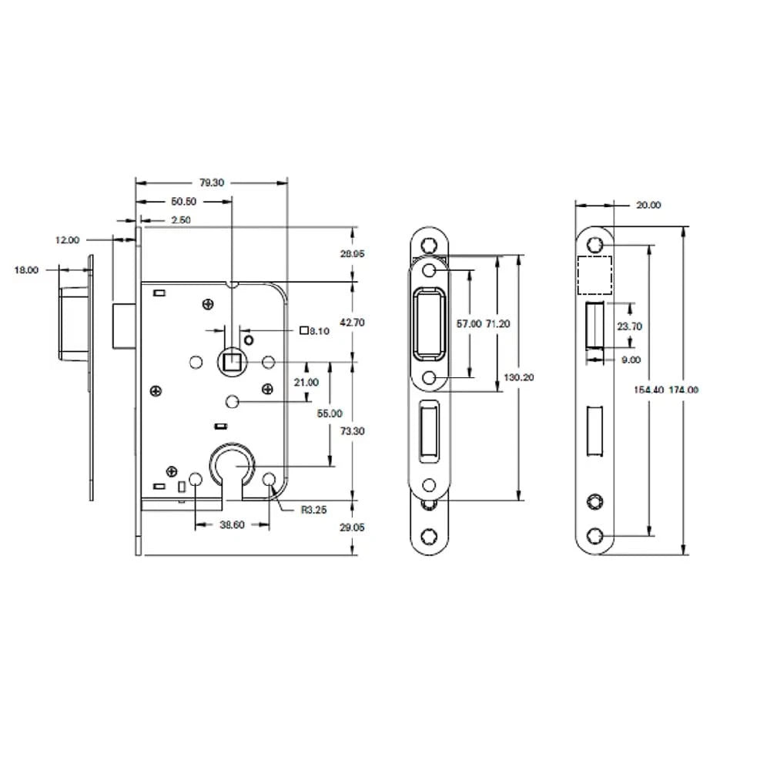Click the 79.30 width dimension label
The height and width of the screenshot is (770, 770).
click(x=212, y=183)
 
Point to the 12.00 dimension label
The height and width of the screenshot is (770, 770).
click(x=67, y=240)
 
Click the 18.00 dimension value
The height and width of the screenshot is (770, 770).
click(x=26, y=270)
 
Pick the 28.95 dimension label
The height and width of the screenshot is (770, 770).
click(x=352, y=254)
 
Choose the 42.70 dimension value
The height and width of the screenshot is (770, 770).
click(x=352, y=323)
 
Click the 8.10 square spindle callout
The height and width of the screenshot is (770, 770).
click(x=315, y=331)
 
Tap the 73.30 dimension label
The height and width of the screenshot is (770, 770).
click(x=352, y=431)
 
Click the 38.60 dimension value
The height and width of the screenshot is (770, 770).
click(x=231, y=524)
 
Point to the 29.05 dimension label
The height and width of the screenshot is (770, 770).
click(x=352, y=527)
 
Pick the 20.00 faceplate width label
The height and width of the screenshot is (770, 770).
click(x=649, y=206)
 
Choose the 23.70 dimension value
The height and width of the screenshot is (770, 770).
click(x=629, y=326)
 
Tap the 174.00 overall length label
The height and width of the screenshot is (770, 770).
click(x=683, y=390)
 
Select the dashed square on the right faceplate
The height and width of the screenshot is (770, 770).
click(x=594, y=276)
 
